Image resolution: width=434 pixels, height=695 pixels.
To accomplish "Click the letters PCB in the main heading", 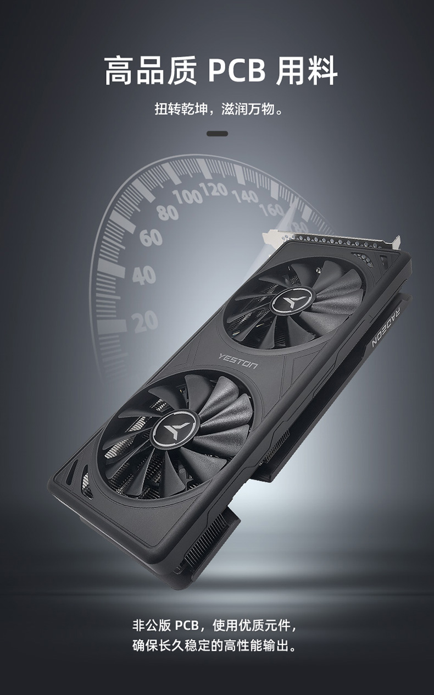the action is point(237,71).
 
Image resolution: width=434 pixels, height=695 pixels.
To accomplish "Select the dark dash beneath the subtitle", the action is point(217,134).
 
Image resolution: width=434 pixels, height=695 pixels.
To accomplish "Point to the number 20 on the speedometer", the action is point(144,322).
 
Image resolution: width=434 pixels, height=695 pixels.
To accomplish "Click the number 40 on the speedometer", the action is point(144,275).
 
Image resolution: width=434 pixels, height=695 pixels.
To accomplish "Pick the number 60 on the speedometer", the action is point(151,238).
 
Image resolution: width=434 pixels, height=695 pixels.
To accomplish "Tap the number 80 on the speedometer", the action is point(168,212).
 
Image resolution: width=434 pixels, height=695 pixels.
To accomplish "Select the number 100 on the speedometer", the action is point(187,196).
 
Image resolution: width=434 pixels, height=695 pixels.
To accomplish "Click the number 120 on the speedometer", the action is point(213,189).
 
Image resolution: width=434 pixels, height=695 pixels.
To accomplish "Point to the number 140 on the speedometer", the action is point(245,196).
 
